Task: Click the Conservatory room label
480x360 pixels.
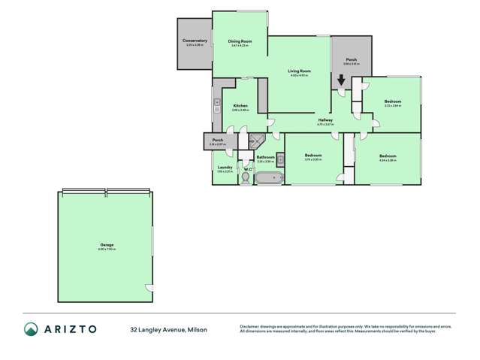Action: point(195,41)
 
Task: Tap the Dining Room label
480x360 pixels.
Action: point(240,41)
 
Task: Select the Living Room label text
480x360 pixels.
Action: point(300,71)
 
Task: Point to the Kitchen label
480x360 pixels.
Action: point(240,106)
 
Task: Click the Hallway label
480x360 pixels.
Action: point(325,120)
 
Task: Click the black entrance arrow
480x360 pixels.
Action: point(341,79)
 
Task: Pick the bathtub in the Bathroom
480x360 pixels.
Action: point(268,179)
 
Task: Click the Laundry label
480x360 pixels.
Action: point(224,168)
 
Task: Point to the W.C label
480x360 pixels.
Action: point(246,169)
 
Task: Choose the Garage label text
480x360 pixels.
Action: point(105,245)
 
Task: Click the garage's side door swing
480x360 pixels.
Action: point(149,289)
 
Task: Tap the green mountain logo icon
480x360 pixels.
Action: point(31,328)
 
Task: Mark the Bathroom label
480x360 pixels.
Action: point(265,157)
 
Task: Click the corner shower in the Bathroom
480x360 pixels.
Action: point(258,140)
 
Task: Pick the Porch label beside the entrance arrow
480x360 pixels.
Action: point(351,59)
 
